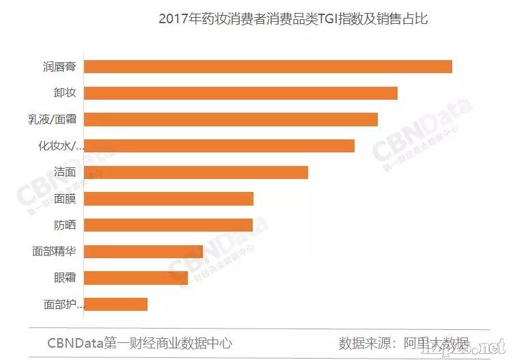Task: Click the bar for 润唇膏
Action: pos(268,66)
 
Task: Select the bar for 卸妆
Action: pos(241,93)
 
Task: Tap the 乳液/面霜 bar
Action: pos(232,119)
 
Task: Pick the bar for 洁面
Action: pos(197,172)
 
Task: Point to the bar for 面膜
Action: pos(169,199)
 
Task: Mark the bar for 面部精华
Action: pos(144,251)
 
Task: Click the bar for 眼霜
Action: pos(137,277)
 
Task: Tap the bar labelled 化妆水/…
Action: pos(220,146)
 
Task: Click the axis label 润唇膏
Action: pos(59,67)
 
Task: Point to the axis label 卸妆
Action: pos(65,93)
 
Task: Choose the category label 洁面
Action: pos(65,172)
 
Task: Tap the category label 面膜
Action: pos(65,199)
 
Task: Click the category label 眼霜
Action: pos(65,277)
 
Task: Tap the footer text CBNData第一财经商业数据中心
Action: pos(139,343)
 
